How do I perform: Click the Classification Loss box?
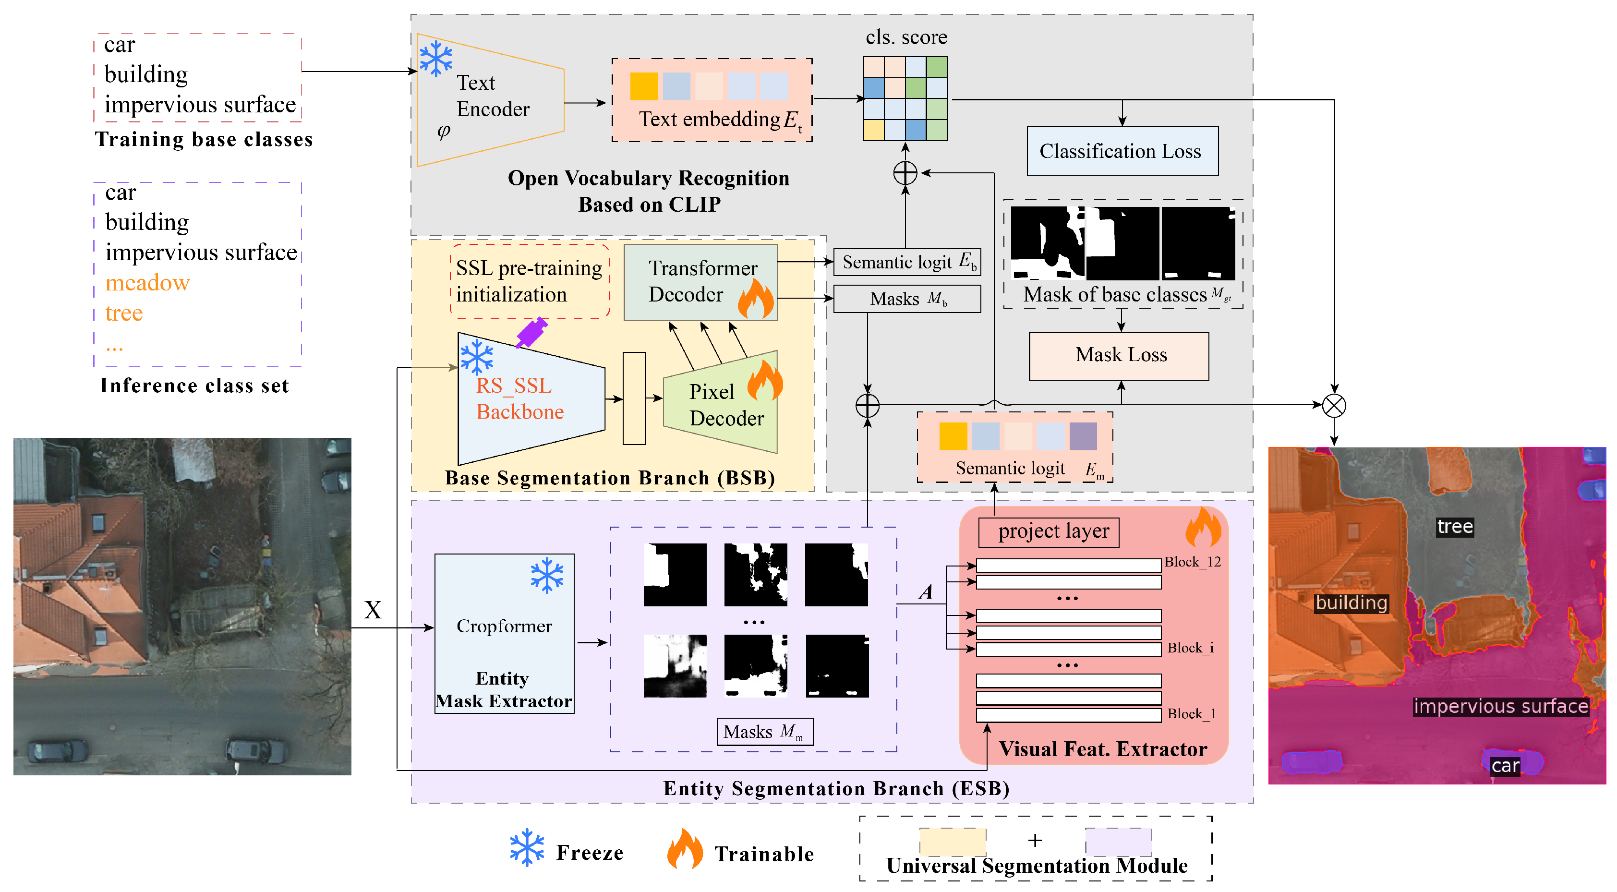click(x=1122, y=151)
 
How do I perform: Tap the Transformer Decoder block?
click(x=700, y=282)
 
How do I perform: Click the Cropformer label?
click(x=504, y=626)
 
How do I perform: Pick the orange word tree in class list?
click(x=124, y=313)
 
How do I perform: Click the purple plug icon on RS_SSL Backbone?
click(x=531, y=332)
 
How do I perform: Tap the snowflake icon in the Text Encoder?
click(x=435, y=59)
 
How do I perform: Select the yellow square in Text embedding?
click(x=643, y=86)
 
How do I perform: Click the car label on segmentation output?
click(x=1505, y=766)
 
